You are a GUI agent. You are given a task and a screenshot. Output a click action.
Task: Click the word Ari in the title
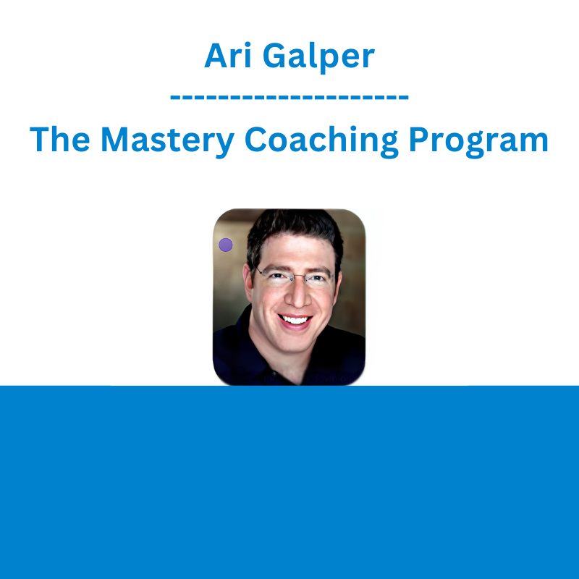click(228, 56)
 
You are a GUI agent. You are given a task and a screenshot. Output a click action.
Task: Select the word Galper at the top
click(318, 57)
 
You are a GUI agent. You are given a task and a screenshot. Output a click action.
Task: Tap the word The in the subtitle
click(60, 139)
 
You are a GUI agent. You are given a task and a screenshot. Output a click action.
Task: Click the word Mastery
click(167, 141)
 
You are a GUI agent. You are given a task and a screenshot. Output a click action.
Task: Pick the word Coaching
click(321, 141)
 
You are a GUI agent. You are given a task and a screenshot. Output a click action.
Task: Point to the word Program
click(478, 141)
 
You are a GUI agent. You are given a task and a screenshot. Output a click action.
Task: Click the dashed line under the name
click(289, 98)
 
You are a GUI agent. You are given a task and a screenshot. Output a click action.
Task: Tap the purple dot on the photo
click(226, 245)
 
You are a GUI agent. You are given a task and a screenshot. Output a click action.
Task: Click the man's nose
click(297, 295)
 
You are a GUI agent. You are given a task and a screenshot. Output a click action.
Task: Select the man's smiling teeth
click(295, 319)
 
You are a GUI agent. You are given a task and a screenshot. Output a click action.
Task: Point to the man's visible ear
click(248, 281)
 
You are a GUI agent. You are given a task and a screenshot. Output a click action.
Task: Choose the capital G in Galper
click(274, 56)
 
